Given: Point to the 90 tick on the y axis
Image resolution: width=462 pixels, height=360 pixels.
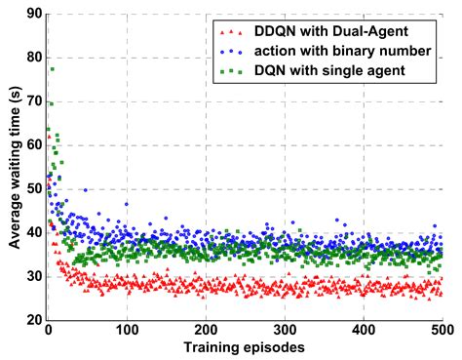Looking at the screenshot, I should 31,14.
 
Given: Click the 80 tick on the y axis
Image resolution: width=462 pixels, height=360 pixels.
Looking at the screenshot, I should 31,58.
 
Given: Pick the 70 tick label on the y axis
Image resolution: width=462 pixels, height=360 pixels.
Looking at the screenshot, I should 31,100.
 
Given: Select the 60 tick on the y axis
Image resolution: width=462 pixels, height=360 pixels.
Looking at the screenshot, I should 31,144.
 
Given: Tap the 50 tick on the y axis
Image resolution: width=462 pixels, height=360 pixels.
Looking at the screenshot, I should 31,188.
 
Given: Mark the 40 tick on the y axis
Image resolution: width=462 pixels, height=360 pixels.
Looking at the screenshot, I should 31,232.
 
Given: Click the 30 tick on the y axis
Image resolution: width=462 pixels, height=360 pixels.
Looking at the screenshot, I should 31,276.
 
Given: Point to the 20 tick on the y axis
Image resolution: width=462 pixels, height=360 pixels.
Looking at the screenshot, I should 31,320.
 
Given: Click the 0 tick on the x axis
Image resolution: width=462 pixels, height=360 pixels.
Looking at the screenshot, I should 47,332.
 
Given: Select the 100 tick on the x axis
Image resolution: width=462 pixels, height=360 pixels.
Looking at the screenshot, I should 126,332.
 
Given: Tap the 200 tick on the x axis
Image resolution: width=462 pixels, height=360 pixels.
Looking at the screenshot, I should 205,332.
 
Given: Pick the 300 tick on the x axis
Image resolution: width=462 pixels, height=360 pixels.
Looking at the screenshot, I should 284,332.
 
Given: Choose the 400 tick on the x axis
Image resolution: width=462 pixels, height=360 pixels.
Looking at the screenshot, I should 363,332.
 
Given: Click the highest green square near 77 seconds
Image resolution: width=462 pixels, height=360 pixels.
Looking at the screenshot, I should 52,69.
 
